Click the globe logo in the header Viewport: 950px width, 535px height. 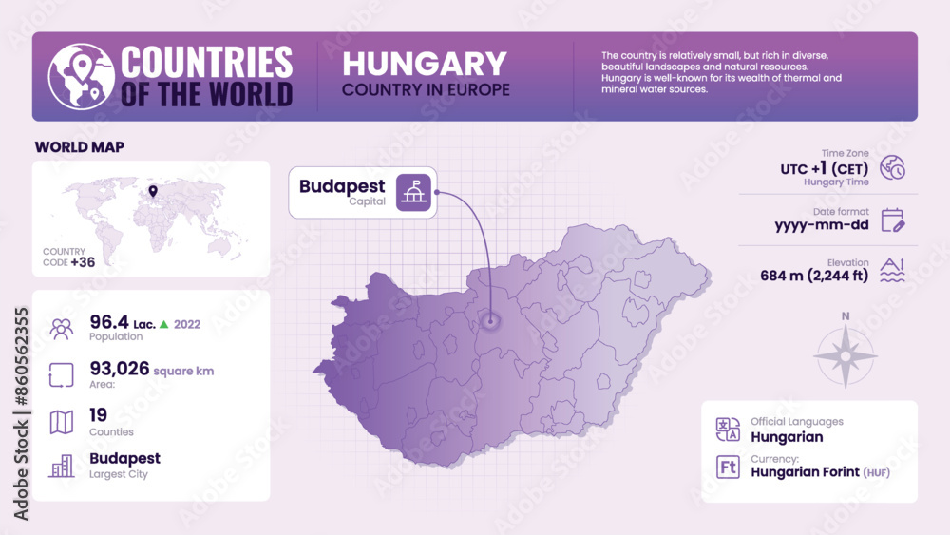(x=80, y=77)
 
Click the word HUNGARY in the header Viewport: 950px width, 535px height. (x=425, y=64)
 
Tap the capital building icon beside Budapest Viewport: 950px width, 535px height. (x=413, y=192)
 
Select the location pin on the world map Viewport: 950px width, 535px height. (x=152, y=193)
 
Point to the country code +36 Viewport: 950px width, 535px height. (x=83, y=261)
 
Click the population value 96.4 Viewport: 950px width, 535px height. (x=109, y=322)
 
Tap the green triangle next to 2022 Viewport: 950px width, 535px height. (x=163, y=324)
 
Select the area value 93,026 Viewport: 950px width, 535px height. (x=120, y=369)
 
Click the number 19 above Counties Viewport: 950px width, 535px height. (x=98, y=414)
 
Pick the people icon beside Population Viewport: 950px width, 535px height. (x=62, y=329)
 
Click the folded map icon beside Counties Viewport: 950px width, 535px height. (x=62, y=422)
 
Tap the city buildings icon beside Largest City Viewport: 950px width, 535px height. (x=62, y=466)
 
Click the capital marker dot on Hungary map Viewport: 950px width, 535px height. (x=490, y=321)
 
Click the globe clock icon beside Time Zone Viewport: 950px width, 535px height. (x=892, y=167)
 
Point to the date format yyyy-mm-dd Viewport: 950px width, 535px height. (x=822, y=225)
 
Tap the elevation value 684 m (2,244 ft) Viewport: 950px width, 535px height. (x=814, y=277)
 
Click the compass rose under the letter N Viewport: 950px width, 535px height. (x=845, y=356)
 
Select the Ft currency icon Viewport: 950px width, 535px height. (x=729, y=467)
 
